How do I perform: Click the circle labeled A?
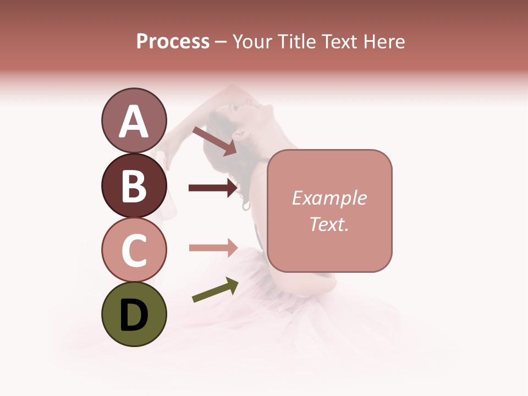134,120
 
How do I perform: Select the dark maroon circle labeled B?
134,185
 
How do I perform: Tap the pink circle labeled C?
134,250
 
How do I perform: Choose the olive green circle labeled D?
134,314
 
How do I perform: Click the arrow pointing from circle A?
214,141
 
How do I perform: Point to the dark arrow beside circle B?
213,188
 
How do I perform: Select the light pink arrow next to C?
213,248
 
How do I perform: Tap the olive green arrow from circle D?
215,290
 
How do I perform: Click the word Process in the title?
173,41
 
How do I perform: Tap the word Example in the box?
329,198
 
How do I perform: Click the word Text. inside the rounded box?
329,224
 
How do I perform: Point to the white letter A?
134,122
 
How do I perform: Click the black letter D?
134,315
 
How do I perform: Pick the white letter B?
134,186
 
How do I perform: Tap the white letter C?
134,250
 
